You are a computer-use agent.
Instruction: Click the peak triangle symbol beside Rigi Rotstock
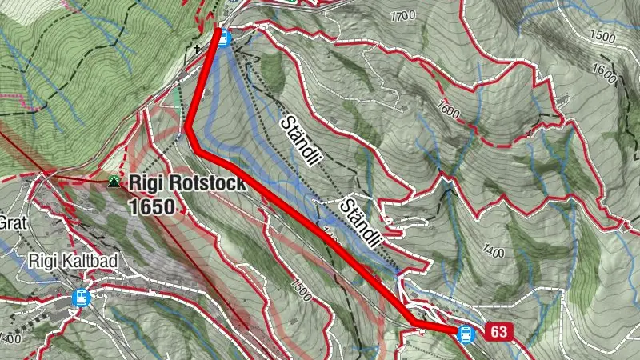pyautogui.click(x=114, y=182)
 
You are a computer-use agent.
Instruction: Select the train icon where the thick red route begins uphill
pyautogui.click(x=225, y=37)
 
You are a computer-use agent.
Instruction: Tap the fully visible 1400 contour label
pyautogui.click(x=493, y=254)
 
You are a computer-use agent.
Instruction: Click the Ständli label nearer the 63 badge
pyautogui.click(x=358, y=222)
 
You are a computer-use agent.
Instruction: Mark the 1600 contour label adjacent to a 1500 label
pyautogui.click(x=606, y=74)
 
